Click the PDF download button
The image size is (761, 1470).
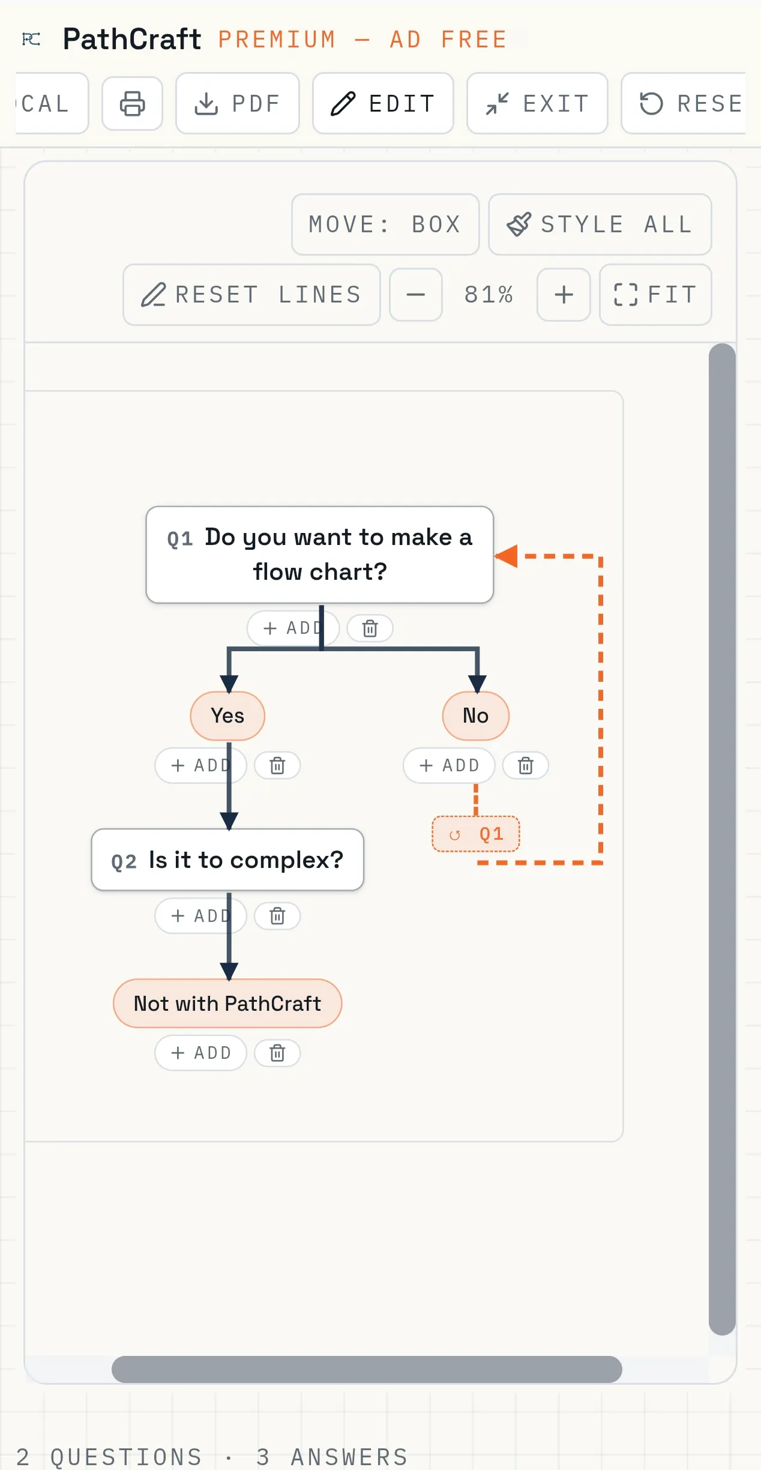[x=238, y=103]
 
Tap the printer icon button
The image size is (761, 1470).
[x=132, y=103]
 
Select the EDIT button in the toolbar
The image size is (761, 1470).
[x=383, y=103]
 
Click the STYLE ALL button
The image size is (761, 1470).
[x=600, y=224]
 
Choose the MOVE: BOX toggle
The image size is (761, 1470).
[x=385, y=224]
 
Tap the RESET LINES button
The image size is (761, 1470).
[x=251, y=295]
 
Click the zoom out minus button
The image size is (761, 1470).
[x=416, y=295]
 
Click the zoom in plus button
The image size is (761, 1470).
[x=564, y=295]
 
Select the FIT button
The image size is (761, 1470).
[x=655, y=295]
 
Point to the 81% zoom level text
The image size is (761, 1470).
[x=489, y=295]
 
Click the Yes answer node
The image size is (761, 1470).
[x=227, y=716]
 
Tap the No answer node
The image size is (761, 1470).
[x=476, y=716]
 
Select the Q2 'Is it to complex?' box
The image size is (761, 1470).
[x=227, y=860]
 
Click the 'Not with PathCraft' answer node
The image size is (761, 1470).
[x=227, y=1004]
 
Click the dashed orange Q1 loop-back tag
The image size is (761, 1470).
[x=476, y=834]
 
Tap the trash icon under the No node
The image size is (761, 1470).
[x=526, y=766]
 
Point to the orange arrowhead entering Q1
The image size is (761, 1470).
[x=507, y=556]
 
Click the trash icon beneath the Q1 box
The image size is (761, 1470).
[x=370, y=628]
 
